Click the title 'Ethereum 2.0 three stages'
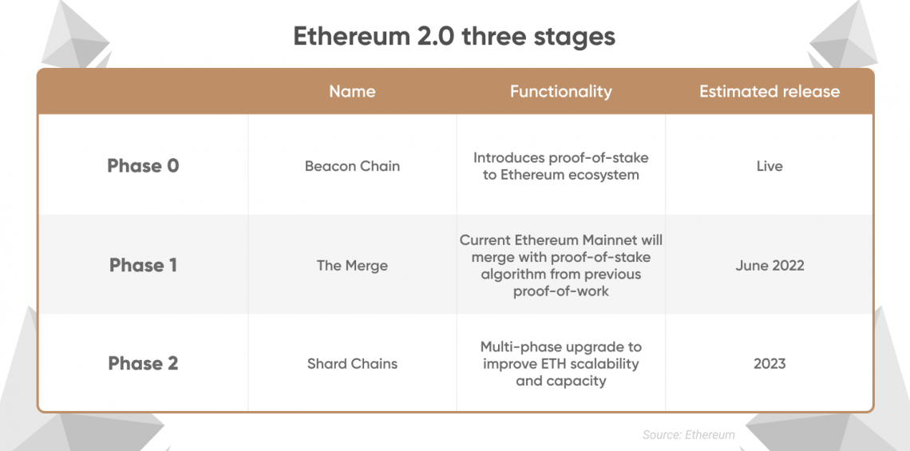click(454, 37)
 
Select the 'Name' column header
click(352, 91)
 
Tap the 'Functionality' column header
click(560, 91)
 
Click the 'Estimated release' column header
click(770, 91)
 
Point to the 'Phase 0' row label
click(143, 166)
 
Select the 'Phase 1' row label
click(143, 265)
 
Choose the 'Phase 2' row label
click(143, 363)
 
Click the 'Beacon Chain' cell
click(352, 166)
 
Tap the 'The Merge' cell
click(352, 265)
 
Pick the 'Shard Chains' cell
click(352, 364)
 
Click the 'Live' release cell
click(770, 166)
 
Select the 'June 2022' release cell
click(770, 265)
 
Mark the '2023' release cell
click(770, 364)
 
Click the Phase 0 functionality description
click(560, 166)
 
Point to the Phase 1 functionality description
click(560, 265)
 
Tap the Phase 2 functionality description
click(560, 363)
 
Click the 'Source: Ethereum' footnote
click(688, 435)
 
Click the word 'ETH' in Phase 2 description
click(544, 364)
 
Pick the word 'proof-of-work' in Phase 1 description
click(560, 291)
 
